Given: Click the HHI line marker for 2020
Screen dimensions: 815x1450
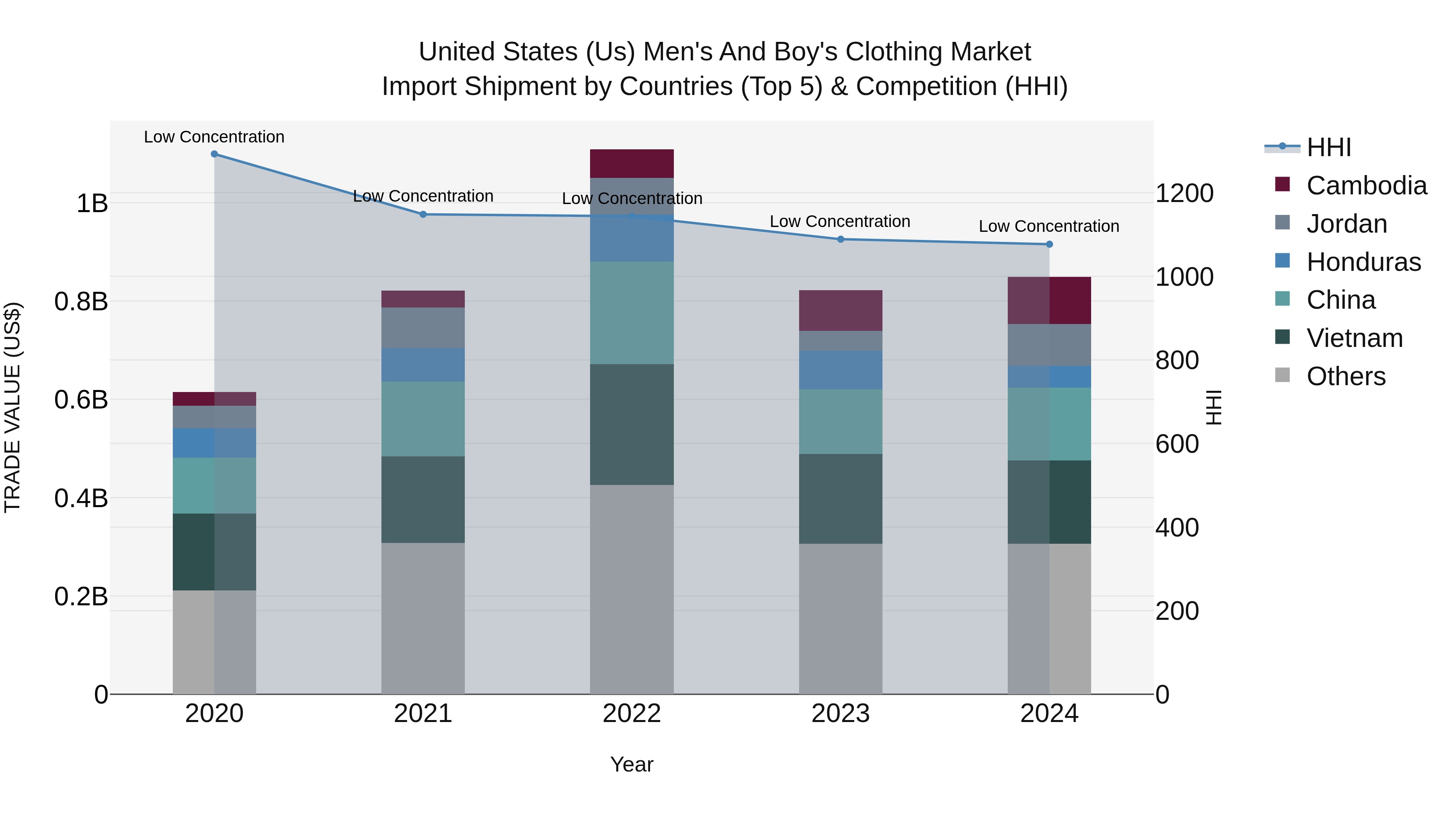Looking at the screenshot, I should click(214, 154).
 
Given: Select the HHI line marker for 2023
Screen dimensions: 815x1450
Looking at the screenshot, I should click(840, 239).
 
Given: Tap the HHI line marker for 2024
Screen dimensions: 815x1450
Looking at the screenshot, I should click(1049, 244).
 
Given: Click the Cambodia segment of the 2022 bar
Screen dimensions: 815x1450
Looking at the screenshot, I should click(632, 164).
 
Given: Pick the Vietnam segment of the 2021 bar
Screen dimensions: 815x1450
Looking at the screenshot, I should click(423, 499).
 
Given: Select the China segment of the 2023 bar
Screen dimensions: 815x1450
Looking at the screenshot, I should click(840, 422).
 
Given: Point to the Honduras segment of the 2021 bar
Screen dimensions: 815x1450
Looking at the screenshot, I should click(423, 365).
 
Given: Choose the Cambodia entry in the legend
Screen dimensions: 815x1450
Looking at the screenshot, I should click(1366, 186).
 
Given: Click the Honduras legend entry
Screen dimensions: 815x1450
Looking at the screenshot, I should click(1363, 262).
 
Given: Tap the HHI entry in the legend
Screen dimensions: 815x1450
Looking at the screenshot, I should click(1328, 147).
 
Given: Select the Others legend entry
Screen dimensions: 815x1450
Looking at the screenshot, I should click(1345, 376).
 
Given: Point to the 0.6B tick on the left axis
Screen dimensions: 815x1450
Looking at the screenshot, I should click(81, 400).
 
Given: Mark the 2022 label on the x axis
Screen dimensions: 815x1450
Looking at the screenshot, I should click(632, 714).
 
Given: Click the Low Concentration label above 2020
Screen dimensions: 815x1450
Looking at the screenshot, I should click(214, 137).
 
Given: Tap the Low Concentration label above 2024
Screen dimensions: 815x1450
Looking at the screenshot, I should click(1049, 226).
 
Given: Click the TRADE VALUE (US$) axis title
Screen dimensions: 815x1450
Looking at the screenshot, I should click(12, 407).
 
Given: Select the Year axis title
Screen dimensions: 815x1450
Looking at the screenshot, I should click(632, 764).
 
